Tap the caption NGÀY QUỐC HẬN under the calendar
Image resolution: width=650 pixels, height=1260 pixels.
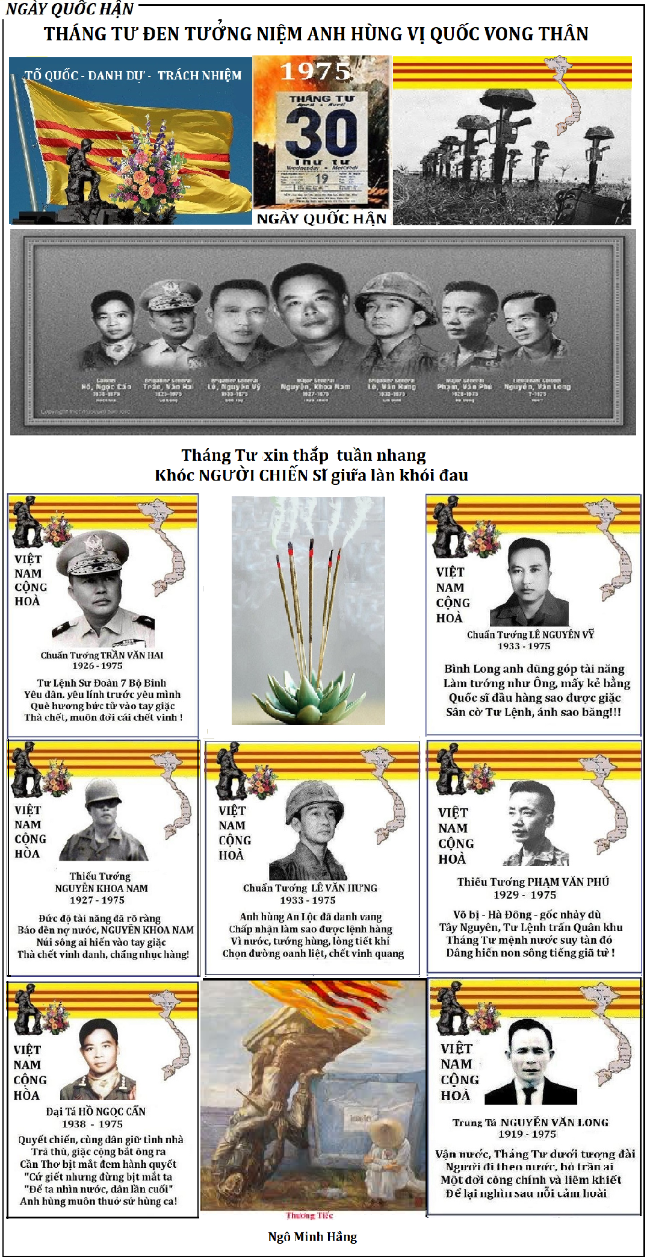[321, 219]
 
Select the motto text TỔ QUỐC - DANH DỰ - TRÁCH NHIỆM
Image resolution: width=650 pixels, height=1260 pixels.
[133, 76]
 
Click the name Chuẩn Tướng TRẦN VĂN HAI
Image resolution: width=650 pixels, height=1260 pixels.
[102, 655]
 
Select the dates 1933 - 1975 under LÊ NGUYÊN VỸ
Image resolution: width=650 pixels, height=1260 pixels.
[524, 646]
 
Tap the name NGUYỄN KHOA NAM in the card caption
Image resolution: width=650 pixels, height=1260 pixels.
[101, 888]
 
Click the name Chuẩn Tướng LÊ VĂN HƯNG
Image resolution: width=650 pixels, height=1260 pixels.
[310, 888]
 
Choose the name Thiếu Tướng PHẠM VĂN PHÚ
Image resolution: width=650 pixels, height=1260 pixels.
[533, 882]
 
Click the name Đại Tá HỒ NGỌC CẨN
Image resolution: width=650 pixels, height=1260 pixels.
[96, 1111]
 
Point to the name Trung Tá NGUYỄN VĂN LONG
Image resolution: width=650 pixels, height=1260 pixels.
[530, 1122]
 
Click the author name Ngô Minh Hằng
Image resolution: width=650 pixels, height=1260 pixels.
[312, 1237]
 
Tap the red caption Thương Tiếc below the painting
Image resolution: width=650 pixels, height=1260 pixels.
[309, 1215]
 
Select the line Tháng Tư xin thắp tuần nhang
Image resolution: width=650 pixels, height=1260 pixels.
[303, 455]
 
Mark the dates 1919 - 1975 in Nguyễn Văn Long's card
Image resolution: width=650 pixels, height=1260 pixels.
[527, 1134]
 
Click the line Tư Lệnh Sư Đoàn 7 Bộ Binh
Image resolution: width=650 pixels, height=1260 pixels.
[101, 683]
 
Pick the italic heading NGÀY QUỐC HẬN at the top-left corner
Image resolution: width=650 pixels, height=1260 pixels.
[70, 9]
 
